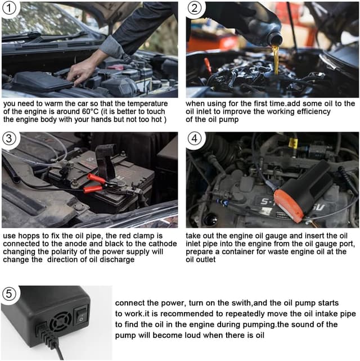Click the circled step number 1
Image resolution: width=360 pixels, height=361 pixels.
coord(9,8)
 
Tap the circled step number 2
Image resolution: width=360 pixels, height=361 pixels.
coord(195,8)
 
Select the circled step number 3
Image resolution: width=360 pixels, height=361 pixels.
coord(9,138)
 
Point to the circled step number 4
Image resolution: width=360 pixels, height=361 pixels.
coord(195,138)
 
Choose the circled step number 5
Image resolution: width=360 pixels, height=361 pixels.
coord(9,294)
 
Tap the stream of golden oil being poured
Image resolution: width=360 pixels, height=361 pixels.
coord(275,60)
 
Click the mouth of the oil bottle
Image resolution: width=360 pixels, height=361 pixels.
coord(276,39)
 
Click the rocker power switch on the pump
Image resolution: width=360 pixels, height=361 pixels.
coord(82,314)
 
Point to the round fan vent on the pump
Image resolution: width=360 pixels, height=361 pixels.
coord(61,322)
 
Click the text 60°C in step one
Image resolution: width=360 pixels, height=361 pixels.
coord(91,112)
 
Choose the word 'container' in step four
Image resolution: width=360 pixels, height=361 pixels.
coord(236,252)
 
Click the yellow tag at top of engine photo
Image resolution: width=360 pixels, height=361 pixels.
coord(293,143)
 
